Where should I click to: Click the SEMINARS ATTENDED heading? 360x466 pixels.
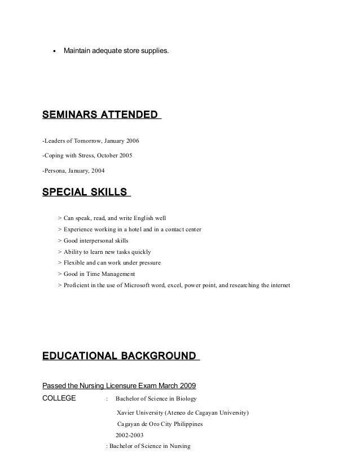point(100,115)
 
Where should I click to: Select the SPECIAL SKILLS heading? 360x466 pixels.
point(85,192)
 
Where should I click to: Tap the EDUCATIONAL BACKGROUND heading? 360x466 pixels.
point(119,355)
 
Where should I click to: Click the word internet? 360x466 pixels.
point(276,285)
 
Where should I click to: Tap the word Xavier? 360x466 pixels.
point(125,412)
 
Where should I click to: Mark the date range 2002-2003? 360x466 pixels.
point(131,435)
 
